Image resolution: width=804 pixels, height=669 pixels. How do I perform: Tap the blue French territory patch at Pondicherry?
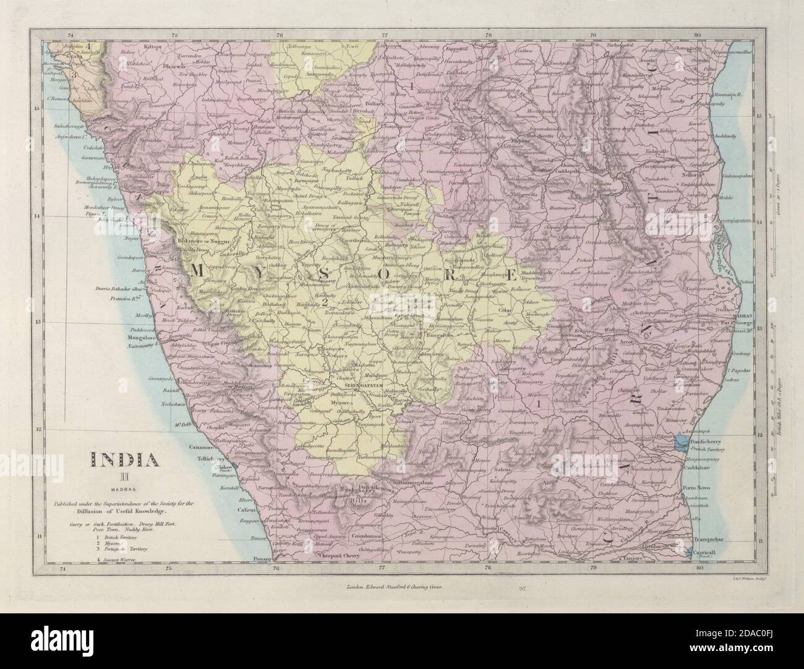pyautogui.click(x=682, y=440)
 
